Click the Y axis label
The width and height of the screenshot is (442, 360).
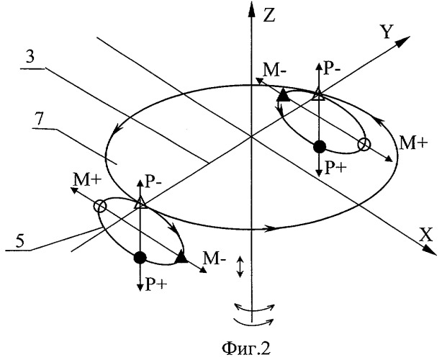tap(387, 31)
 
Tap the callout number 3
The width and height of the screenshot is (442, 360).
tap(30, 57)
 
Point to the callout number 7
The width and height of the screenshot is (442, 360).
tap(39, 120)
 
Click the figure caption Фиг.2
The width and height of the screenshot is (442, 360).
tap(245, 348)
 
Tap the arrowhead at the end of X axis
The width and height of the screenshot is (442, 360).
tap(431, 250)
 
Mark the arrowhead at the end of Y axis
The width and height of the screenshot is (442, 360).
tap(403, 41)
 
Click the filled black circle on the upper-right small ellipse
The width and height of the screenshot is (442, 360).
tap(320, 147)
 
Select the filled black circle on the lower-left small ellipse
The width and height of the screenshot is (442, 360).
tap(140, 257)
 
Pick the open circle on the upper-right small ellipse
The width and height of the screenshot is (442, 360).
tap(364, 144)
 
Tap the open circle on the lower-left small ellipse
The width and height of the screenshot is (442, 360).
tap(100, 206)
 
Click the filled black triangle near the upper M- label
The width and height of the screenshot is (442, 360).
tap(283, 95)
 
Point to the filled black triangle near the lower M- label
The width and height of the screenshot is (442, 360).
tap(181, 258)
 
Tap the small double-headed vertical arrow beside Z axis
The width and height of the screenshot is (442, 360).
tap(240, 266)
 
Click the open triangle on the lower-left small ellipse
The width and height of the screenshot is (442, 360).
tap(140, 204)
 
